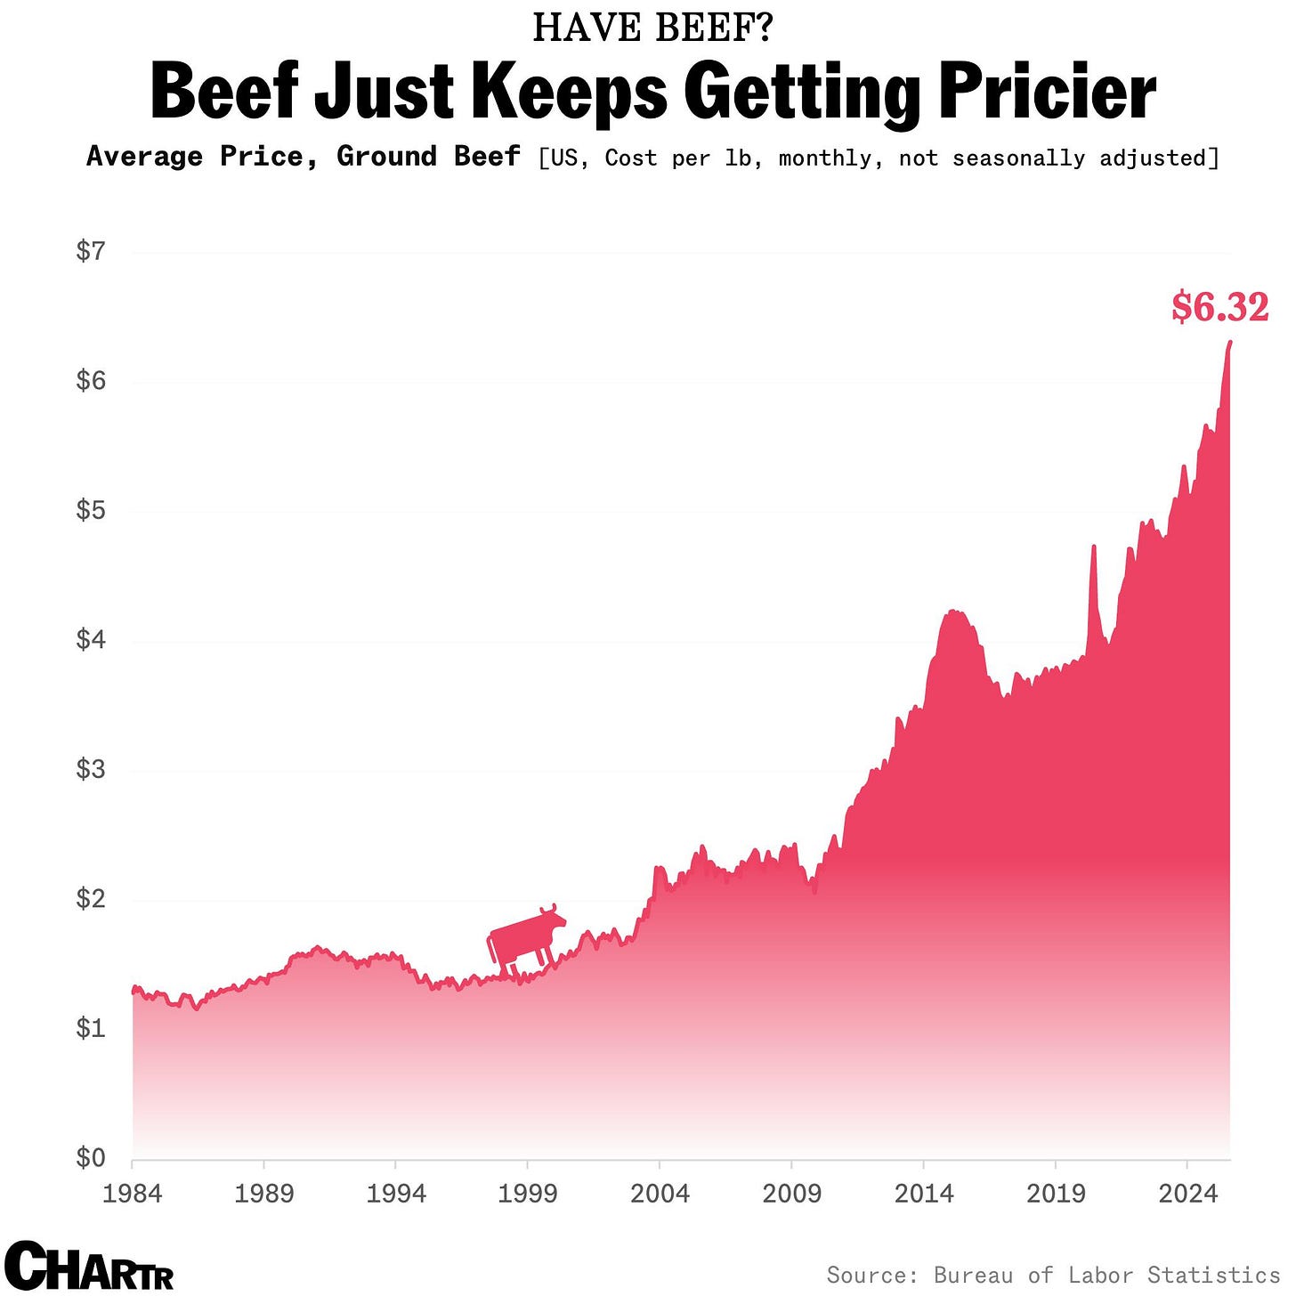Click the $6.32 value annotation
coord(1219,307)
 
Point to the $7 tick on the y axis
coord(91,252)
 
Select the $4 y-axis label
coord(91,640)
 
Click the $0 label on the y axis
coord(91,1158)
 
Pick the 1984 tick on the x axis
coord(133,1193)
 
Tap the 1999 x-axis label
coord(528,1193)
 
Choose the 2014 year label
coord(924,1193)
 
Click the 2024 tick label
coord(1187,1193)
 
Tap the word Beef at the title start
coord(225,93)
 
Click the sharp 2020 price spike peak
coord(1094,546)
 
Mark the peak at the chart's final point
coord(1229,342)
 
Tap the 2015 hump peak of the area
coord(954,611)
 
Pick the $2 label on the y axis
coord(91,899)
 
